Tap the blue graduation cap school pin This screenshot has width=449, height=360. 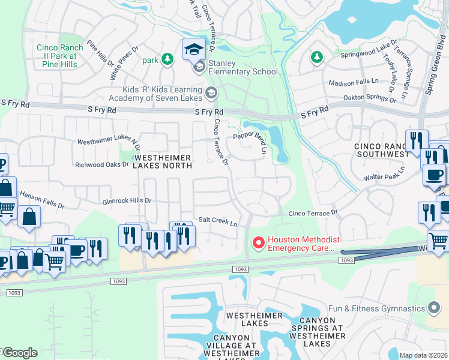(194, 50)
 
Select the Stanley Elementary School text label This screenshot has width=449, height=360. (244, 67)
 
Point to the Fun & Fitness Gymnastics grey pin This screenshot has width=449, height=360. (435, 309)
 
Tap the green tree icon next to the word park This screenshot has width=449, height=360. (168, 59)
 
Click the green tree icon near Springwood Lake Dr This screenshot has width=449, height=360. (316, 58)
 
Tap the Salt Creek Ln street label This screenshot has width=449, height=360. (218, 222)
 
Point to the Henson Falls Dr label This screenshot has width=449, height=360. (41, 200)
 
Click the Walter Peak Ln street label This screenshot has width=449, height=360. (384, 174)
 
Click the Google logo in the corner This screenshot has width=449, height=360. (19, 353)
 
